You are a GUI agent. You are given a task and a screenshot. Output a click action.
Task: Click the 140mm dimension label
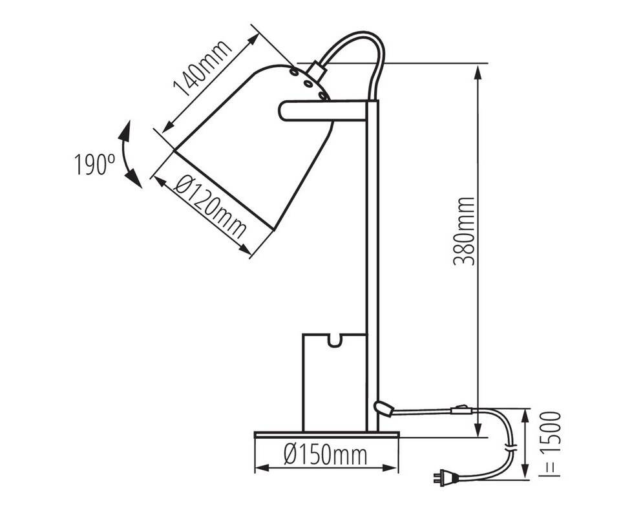[203, 69]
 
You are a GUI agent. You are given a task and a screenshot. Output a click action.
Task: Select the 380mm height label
[464, 231]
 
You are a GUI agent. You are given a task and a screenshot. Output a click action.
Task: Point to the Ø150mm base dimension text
[325, 455]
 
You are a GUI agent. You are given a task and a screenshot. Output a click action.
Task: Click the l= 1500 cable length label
[551, 444]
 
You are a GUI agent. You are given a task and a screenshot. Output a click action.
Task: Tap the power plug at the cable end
[446, 478]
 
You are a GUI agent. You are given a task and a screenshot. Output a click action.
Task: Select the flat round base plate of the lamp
[327, 435]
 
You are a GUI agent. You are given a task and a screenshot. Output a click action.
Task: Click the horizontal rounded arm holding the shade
[322, 111]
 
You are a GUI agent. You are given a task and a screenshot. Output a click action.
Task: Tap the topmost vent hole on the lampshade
[294, 72]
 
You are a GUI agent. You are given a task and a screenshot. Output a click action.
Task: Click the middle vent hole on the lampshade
[308, 84]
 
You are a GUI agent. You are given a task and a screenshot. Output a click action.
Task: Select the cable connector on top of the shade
[315, 71]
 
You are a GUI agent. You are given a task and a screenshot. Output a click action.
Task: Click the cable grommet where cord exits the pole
[384, 408]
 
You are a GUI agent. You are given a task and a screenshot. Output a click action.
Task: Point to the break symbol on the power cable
[511, 447]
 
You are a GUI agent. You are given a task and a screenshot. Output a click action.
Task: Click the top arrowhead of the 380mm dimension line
[478, 73]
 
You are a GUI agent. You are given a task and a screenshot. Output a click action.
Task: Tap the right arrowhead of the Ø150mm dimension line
[390, 468]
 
